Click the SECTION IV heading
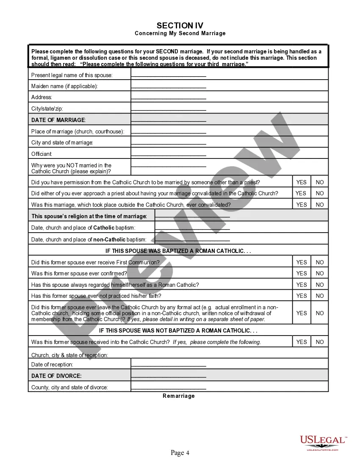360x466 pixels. pyautogui.click(x=180, y=26)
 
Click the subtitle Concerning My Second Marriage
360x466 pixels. pyautogui.click(x=180, y=33)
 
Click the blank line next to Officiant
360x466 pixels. pyautogui.click(x=169, y=154)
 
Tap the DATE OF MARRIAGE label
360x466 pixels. pyautogui.click(x=58, y=120)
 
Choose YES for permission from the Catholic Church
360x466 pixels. pyautogui.click(x=301, y=182)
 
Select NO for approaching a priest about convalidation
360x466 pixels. pyautogui.click(x=320, y=193)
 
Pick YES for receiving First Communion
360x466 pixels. pyautogui.click(x=301, y=262)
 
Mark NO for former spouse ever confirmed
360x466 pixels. pyautogui.click(x=320, y=273)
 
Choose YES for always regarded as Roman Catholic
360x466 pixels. pyautogui.click(x=301, y=285)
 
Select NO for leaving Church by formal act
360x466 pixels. pyautogui.click(x=320, y=313)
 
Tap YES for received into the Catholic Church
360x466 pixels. pyautogui.click(x=301, y=342)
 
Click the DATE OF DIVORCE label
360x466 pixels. pyautogui.click(x=56, y=376)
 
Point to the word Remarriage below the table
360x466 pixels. pyautogui.click(x=179, y=396)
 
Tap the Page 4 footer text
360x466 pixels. pyautogui.click(x=180, y=453)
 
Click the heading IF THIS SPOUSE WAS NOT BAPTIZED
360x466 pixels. pyautogui.click(x=178, y=330)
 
